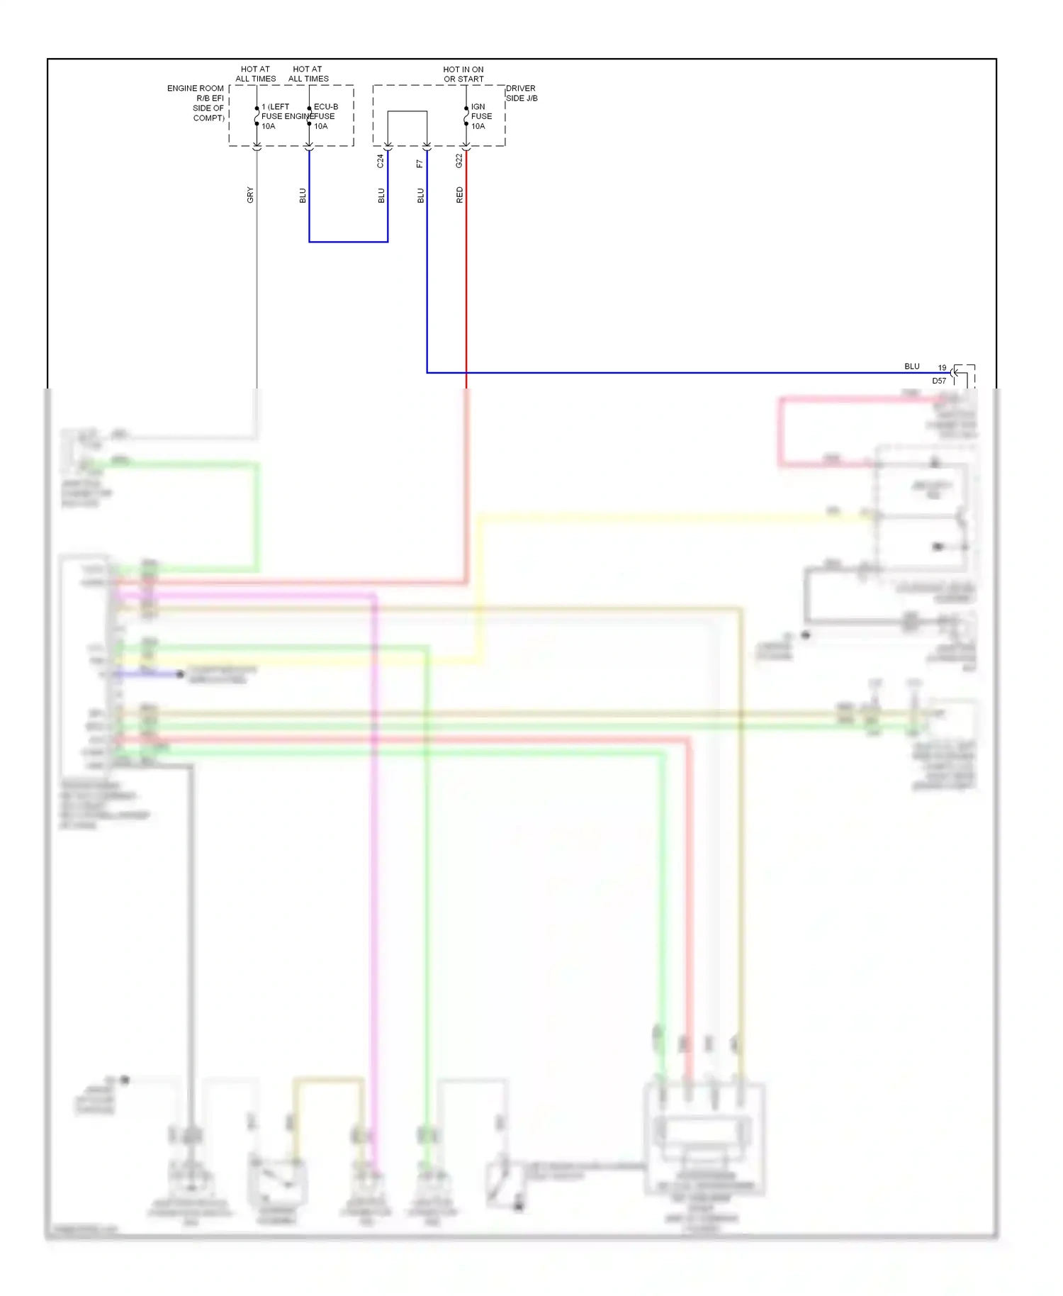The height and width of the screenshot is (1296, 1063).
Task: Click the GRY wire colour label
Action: tap(249, 195)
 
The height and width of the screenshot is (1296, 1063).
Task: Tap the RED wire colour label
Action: tap(459, 195)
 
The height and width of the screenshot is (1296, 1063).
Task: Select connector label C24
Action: tap(380, 161)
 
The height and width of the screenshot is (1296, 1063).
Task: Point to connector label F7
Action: tap(420, 164)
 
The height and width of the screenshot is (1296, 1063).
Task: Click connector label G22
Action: tap(459, 161)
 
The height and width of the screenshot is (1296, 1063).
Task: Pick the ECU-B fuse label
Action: tap(325, 107)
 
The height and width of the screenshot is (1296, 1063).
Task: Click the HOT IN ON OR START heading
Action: tap(463, 74)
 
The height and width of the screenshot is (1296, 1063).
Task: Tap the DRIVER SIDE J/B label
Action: tap(521, 94)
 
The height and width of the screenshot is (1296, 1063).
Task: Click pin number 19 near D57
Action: tap(942, 368)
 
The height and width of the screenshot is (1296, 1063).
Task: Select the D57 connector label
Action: tap(938, 381)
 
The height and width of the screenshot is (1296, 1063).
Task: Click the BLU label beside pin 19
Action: tap(911, 367)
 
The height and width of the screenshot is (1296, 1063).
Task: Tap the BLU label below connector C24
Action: tap(381, 196)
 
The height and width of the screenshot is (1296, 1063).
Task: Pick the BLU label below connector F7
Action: tap(420, 196)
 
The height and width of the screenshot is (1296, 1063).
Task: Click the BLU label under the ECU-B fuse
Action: tap(303, 196)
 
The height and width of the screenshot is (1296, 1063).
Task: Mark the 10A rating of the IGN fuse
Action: tap(478, 126)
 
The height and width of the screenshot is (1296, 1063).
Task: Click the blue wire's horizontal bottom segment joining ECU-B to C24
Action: tap(348, 242)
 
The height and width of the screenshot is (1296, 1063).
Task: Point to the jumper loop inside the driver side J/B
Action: tap(407, 112)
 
